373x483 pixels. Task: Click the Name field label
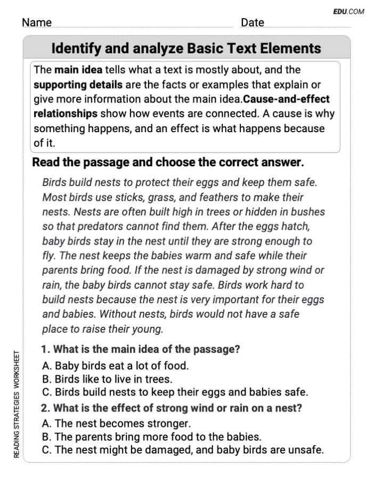37,22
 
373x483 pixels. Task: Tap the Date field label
253,22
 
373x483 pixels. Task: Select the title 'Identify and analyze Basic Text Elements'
186,49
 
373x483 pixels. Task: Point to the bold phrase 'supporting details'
78,85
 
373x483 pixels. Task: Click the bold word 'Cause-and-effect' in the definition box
287,99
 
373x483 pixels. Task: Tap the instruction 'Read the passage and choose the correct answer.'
168,163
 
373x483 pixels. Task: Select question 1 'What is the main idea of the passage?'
141,350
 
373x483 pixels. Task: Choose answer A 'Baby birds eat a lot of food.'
115,366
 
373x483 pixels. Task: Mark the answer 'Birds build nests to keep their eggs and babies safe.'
175,392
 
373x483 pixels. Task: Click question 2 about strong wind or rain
172,408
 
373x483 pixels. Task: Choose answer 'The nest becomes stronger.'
116,424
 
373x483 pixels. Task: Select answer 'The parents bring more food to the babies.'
151,437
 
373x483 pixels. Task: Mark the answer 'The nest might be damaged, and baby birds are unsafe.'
182,450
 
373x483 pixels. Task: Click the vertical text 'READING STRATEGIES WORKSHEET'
17,403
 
